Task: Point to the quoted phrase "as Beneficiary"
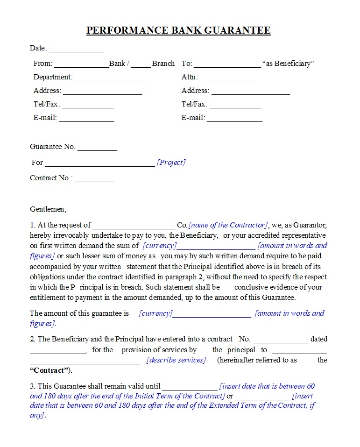(x=288, y=64)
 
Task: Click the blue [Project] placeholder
(x=171, y=163)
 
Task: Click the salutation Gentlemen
(x=48, y=209)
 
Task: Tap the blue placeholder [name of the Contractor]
(x=228, y=225)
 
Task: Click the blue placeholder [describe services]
(x=176, y=360)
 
